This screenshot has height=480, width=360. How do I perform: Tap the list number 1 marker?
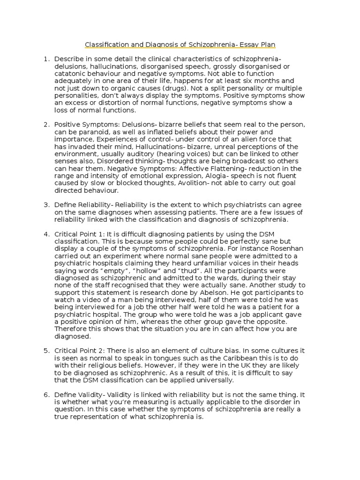[x=46, y=59]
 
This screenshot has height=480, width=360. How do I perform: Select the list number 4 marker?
[x=46, y=234]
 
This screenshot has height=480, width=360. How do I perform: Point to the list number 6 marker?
[x=46, y=395]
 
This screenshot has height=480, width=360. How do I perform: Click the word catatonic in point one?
[x=70, y=74]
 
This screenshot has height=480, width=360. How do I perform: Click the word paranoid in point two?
[x=96, y=132]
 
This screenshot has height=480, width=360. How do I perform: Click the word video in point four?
[x=86, y=300]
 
